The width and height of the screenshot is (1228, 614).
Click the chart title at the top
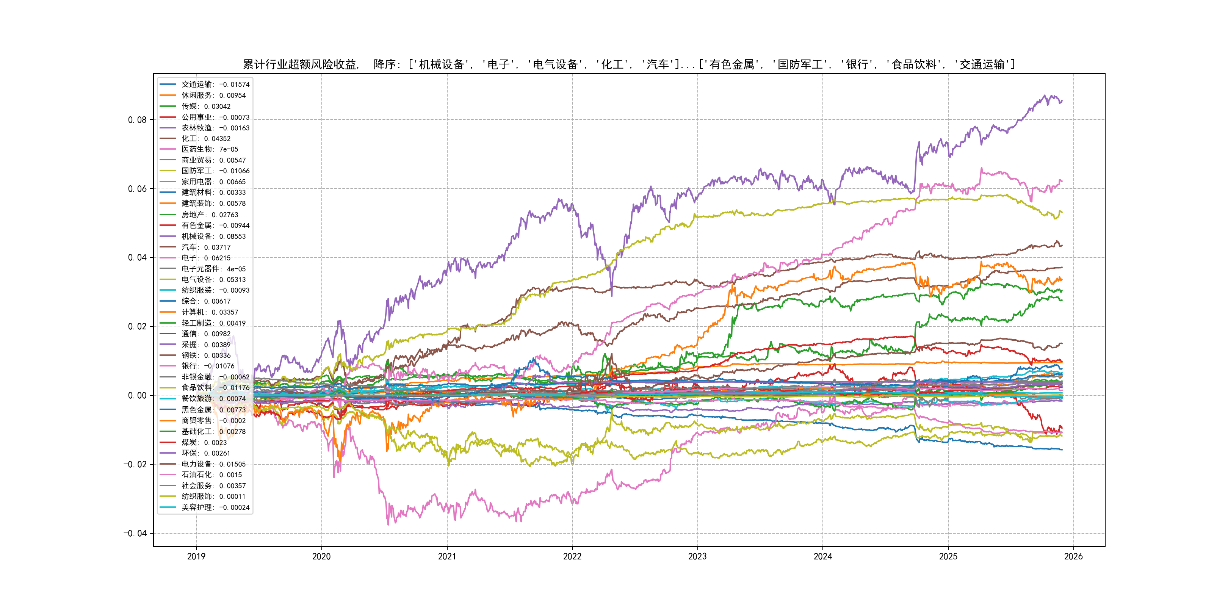click(x=629, y=64)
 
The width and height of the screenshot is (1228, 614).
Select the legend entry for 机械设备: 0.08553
click(x=213, y=237)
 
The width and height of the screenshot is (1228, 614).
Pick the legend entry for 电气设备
click(x=213, y=280)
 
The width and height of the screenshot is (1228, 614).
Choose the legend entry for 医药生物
click(x=209, y=149)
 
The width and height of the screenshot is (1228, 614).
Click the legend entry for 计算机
click(x=209, y=312)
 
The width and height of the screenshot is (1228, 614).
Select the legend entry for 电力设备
click(x=213, y=464)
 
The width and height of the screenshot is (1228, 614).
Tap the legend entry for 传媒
click(x=205, y=106)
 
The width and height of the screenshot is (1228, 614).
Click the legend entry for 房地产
click(x=209, y=215)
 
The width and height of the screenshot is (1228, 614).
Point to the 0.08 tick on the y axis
click(x=137, y=120)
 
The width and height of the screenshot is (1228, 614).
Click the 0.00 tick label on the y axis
click(x=137, y=395)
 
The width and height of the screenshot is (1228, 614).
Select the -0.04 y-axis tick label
click(x=135, y=533)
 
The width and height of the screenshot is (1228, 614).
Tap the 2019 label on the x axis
click(x=196, y=556)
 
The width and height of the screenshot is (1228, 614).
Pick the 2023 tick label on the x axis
click(x=697, y=556)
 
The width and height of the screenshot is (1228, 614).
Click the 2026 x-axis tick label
click(x=1073, y=556)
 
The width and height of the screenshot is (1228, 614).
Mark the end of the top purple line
click(x=1062, y=100)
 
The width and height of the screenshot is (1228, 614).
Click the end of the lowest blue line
click(x=1062, y=450)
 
